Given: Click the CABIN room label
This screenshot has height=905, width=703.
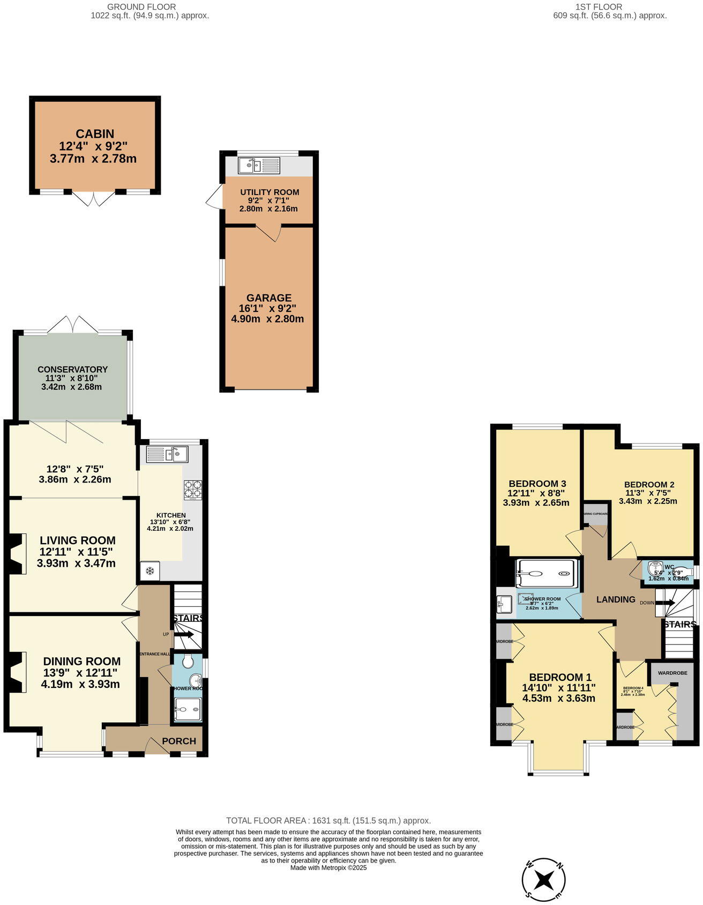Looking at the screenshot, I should tap(95, 134).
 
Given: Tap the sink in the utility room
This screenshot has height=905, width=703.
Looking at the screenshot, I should tap(259, 165).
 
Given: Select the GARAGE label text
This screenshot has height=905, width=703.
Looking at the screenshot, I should tap(268, 298).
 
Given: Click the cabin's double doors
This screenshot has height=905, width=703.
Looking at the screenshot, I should tap(94, 199).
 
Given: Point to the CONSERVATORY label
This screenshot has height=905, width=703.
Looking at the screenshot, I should tap(72, 369).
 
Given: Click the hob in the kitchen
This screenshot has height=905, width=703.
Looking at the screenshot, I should tap(192, 489).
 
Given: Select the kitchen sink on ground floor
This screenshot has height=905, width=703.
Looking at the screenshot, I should tap(167, 455).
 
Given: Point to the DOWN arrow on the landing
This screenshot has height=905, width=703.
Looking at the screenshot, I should tap(664, 603).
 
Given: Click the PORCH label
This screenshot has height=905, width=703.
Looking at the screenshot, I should tap(178, 741).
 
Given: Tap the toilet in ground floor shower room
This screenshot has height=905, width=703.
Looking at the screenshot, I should tap(188, 662).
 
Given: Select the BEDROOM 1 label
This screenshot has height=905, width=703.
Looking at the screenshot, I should tap(560, 677).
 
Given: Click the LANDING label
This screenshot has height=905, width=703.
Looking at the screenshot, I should tap(616, 599).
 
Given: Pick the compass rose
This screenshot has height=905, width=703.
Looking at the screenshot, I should tap(544, 879).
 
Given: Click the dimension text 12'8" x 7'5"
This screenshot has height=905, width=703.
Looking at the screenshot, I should tap(74, 468).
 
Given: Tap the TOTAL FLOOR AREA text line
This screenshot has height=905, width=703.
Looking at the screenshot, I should tap(328, 820).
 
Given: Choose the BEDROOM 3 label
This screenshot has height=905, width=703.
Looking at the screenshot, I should tap(537, 483).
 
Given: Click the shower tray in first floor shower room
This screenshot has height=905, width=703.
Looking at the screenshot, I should tap(547, 573).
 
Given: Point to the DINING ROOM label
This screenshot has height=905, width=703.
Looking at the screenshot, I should tap(81, 661).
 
